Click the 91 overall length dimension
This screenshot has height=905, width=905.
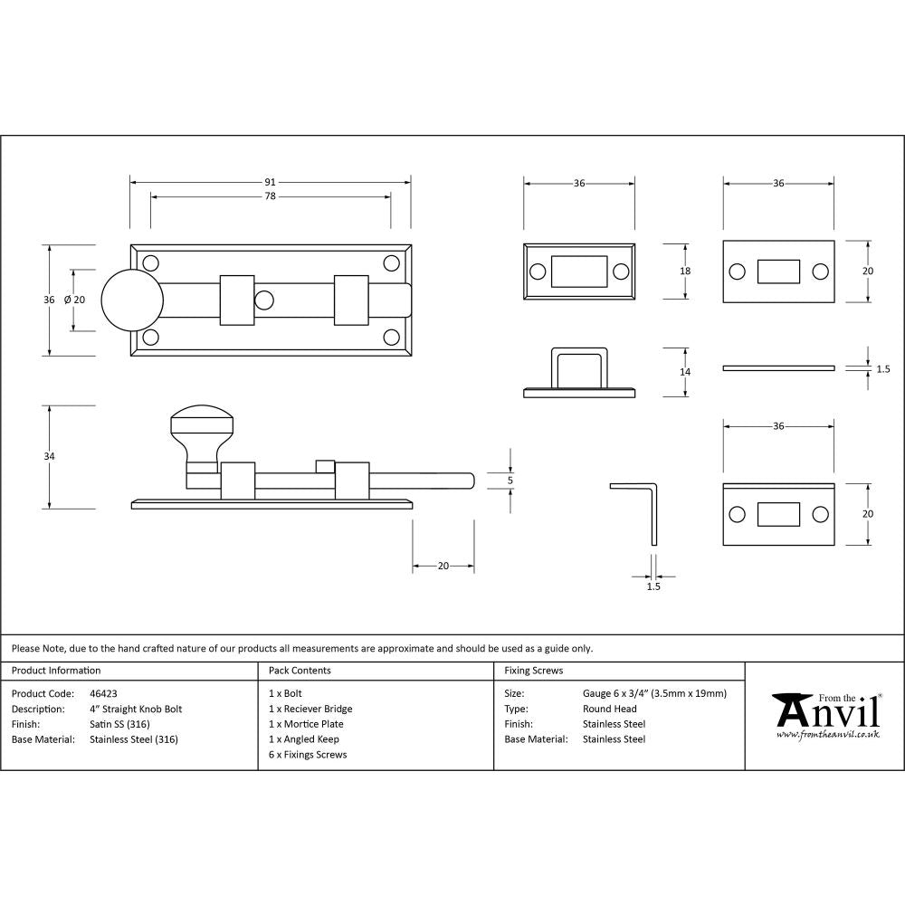[270, 182]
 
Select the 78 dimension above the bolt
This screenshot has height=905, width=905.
[270, 196]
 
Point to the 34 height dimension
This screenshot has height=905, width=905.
[49, 456]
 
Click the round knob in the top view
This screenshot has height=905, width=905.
[132, 300]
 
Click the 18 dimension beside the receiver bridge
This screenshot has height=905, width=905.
[685, 271]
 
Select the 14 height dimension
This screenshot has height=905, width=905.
[685, 372]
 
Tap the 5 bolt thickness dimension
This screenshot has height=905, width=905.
[511, 480]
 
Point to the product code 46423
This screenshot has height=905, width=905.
[103, 693]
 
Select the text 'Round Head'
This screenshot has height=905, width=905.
[609, 709]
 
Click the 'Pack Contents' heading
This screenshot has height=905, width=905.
[300, 671]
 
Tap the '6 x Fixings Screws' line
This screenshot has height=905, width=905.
[308, 754]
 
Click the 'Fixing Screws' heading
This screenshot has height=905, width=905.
[533, 671]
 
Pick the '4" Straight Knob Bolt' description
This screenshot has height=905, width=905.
[136, 709]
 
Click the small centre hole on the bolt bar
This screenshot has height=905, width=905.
[263, 300]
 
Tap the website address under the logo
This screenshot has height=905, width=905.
[827, 735]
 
